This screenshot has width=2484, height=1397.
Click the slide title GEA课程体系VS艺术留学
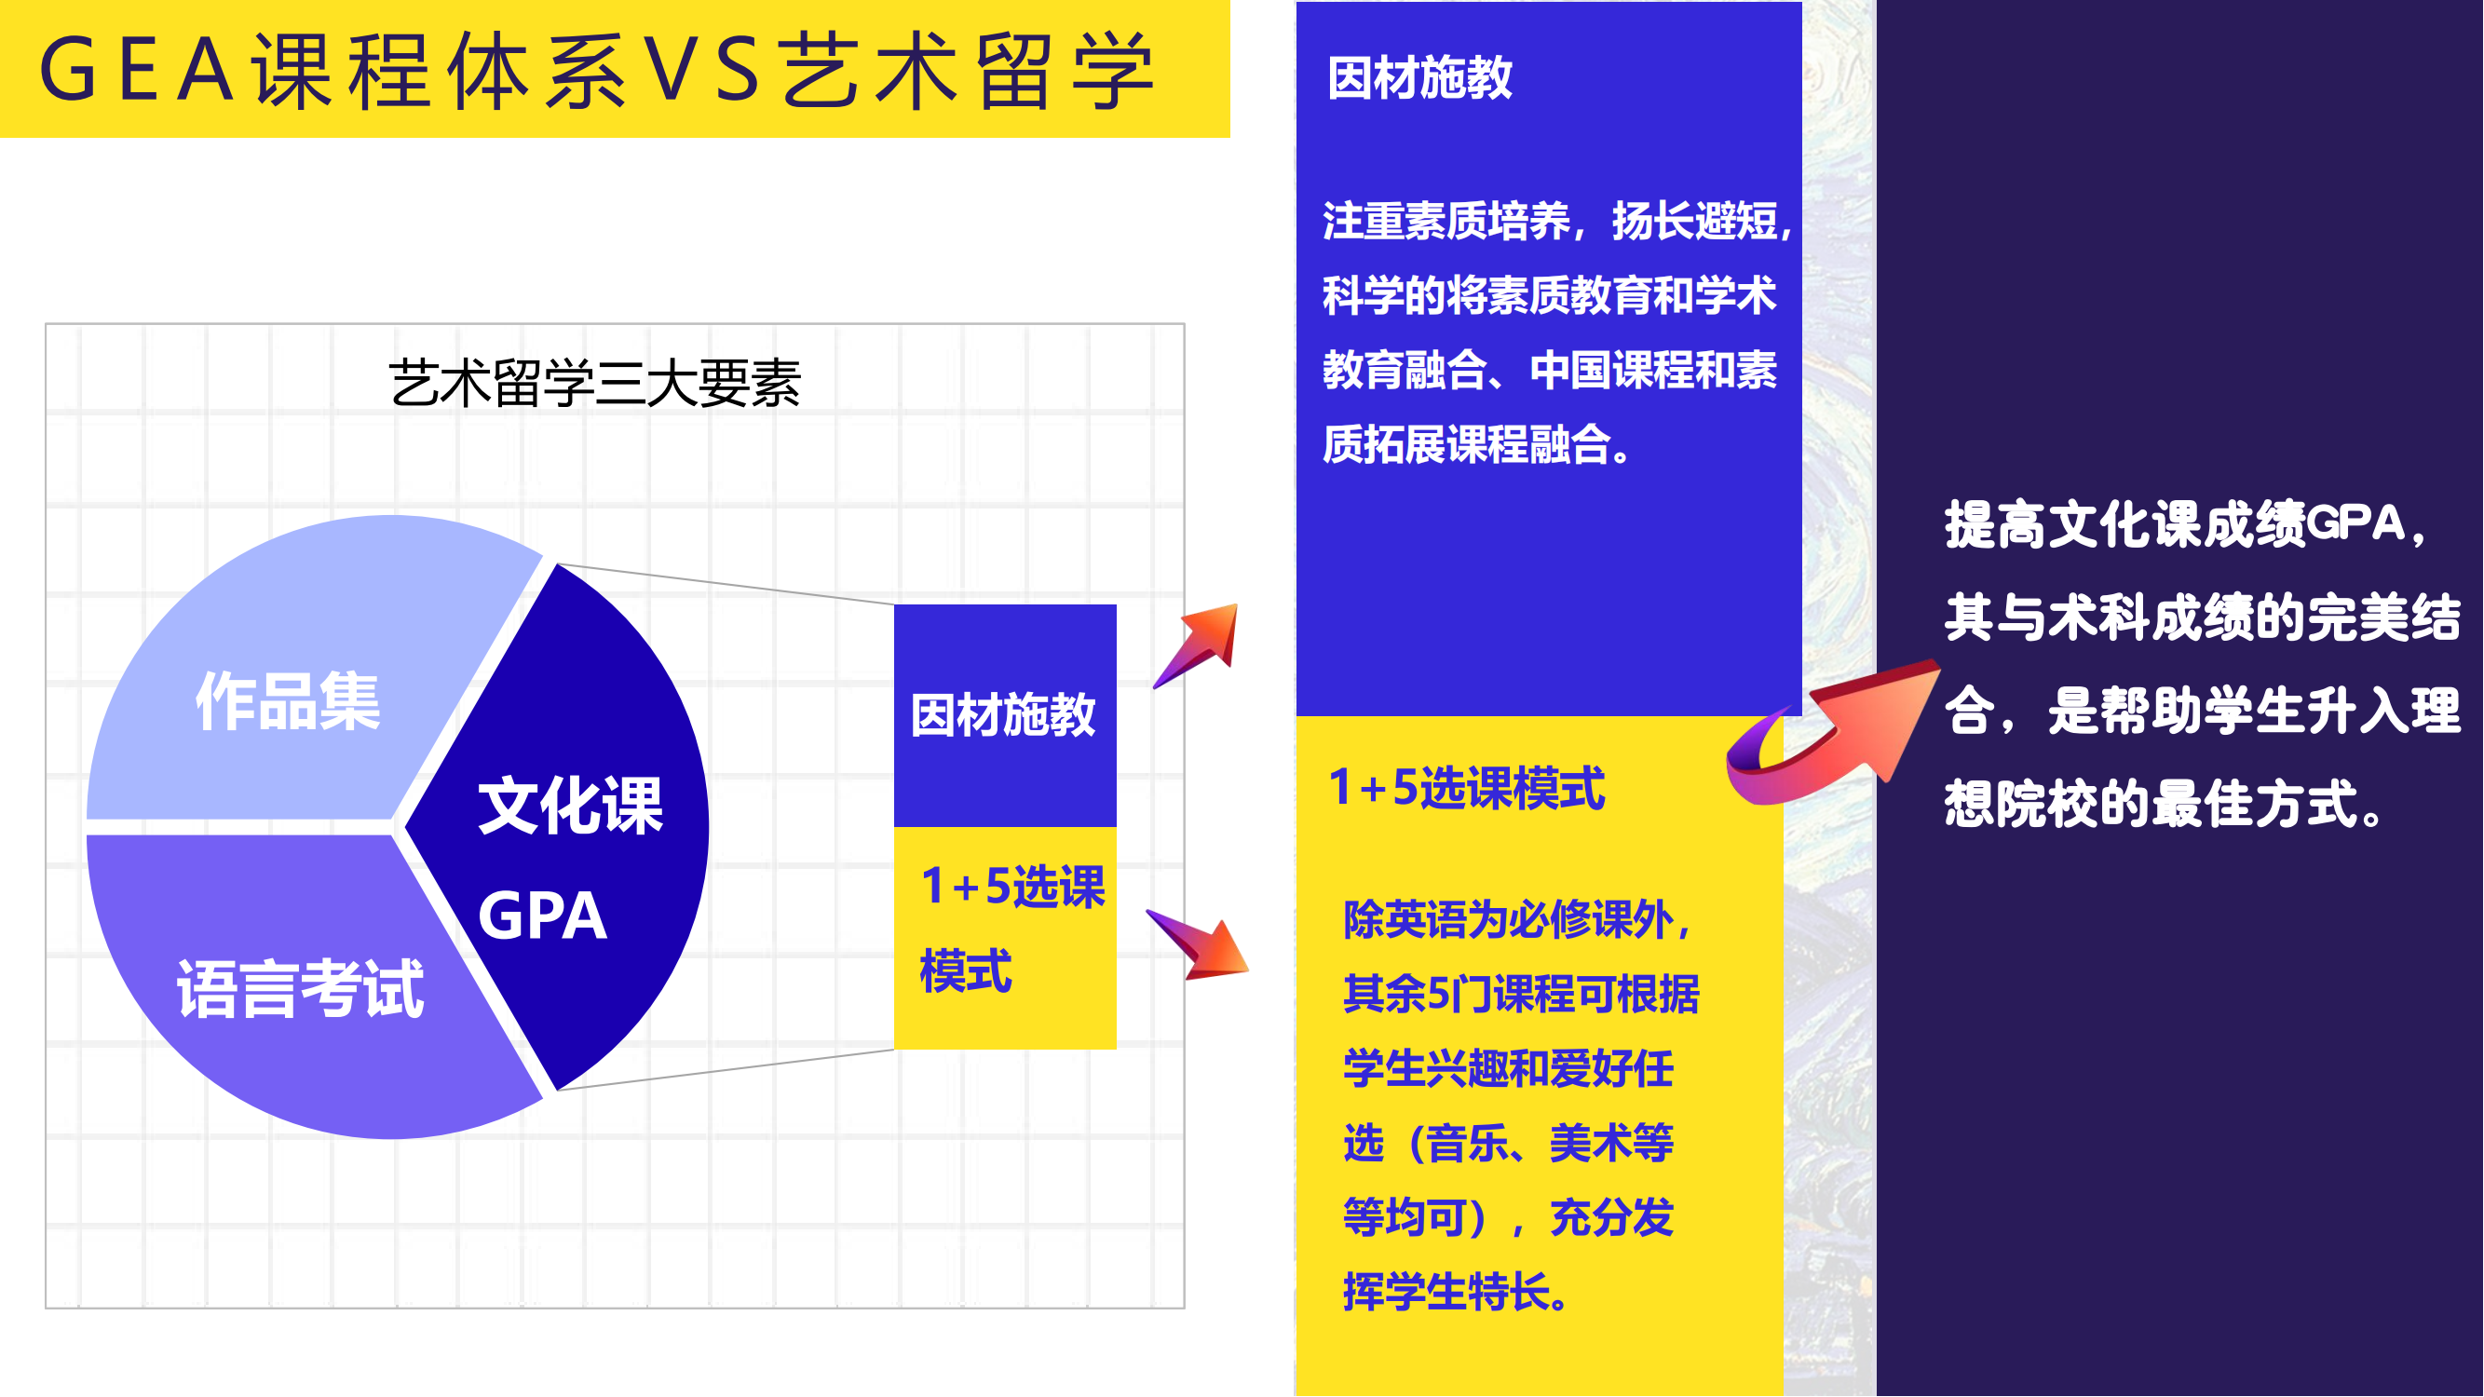coord(598,70)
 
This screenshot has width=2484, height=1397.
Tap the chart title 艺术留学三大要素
coord(595,383)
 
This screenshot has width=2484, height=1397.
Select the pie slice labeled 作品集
coord(290,675)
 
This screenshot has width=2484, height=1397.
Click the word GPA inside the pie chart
coord(543,915)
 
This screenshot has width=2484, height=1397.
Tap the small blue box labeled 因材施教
coord(1005,715)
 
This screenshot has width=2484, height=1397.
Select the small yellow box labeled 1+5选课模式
coord(1005,938)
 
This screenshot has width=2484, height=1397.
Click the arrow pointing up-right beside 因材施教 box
coord(1197,645)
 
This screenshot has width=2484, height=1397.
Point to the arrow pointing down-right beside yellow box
coord(1199,944)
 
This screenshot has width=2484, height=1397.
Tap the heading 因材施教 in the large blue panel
coord(1419,78)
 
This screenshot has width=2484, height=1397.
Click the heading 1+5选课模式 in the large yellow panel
coord(1467,788)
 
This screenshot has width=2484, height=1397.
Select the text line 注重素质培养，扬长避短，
coord(1557,221)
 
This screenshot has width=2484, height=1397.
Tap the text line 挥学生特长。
coord(1456,1291)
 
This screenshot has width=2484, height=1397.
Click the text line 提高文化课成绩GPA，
coord(2185,524)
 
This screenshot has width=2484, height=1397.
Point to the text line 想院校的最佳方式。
coord(2165,803)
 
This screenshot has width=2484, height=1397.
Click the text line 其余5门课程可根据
coord(1521,993)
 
